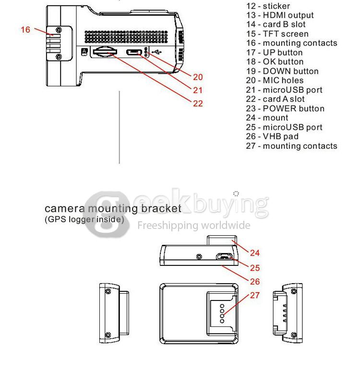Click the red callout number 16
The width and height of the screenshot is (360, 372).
click(x=25, y=29)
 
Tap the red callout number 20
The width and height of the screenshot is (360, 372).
click(x=198, y=77)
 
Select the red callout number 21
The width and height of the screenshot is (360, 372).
click(x=198, y=90)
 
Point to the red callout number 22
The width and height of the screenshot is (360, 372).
click(x=198, y=103)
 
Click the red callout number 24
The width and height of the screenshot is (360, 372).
click(x=255, y=253)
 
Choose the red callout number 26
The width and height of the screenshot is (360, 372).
click(x=255, y=281)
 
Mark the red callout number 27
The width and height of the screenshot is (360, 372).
click(x=255, y=295)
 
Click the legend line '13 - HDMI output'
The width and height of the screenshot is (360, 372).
click(x=280, y=15)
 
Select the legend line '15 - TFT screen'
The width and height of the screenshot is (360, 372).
click(x=277, y=34)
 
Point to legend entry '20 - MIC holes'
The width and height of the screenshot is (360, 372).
click(x=275, y=81)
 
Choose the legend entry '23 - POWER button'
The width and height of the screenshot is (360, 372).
click(x=285, y=108)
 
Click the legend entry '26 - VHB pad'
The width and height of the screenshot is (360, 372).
click(x=272, y=136)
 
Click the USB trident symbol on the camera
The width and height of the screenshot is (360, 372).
click(x=157, y=51)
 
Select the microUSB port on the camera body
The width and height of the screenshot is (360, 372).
click(x=135, y=52)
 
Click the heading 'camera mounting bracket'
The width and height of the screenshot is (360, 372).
click(x=113, y=209)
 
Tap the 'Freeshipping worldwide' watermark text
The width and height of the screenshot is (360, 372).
click(x=194, y=225)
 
